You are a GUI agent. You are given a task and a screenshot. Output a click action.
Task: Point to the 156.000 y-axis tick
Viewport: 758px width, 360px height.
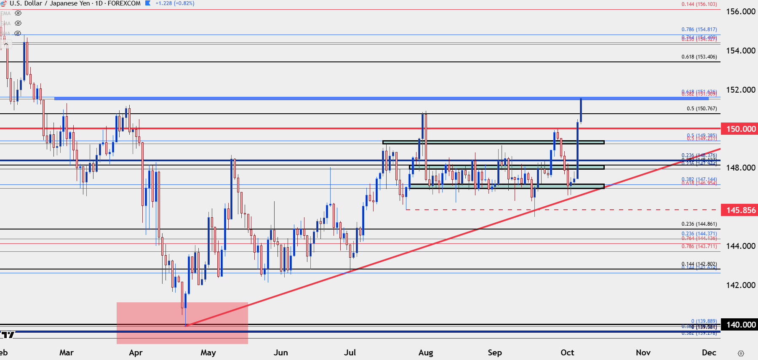pyautogui.click(x=741, y=11)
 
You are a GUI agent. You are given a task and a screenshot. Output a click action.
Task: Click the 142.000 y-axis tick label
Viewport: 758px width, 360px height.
pyautogui.click(x=741, y=285)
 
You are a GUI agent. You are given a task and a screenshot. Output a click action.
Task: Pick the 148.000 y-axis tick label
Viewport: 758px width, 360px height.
pyautogui.click(x=741, y=168)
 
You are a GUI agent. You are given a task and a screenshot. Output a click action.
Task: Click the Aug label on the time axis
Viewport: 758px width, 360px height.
pyautogui.click(x=426, y=352)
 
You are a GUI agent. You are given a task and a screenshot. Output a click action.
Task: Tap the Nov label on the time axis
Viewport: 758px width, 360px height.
pyautogui.click(x=643, y=352)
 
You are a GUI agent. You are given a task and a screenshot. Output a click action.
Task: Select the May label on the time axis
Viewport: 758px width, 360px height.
pyautogui.click(x=208, y=352)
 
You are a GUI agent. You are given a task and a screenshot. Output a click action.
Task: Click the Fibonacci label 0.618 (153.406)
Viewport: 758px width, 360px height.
pyautogui.click(x=699, y=57)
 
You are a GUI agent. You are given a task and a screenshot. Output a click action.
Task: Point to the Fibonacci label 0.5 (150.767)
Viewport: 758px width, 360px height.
pyautogui.click(x=702, y=109)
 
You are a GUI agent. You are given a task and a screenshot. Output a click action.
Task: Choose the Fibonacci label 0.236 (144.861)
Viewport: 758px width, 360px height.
pyautogui.click(x=699, y=224)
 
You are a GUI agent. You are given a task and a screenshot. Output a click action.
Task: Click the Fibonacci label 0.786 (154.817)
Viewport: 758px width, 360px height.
pyautogui.click(x=699, y=29)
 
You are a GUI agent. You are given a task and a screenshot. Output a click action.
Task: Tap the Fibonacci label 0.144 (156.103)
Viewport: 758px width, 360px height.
pyautogui.click(x=699, y=4)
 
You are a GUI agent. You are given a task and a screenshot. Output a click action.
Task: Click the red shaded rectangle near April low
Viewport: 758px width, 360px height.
pyautogui.click(x=182, y=323)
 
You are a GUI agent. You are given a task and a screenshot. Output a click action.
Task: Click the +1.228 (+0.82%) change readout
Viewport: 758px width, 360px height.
pyautogui.click(x=175, y=3)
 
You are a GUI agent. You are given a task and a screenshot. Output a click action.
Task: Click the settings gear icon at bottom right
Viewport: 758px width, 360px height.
pyautogui.click(x=741, y=353)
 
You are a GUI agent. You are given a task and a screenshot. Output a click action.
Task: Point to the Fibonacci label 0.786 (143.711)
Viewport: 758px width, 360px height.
pyautogui.click(x=699, y=246)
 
